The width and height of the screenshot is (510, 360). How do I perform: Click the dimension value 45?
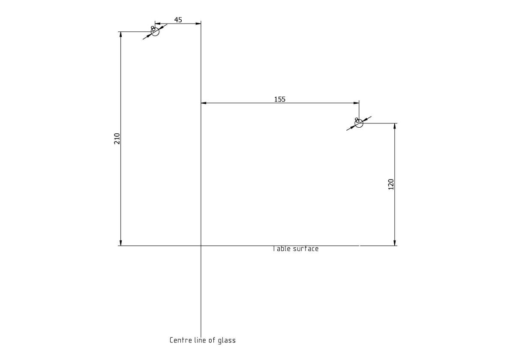[x=178, y=20]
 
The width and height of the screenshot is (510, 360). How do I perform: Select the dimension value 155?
[x=279, y=99]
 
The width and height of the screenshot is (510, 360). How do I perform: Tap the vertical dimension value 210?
[x=117, y=138]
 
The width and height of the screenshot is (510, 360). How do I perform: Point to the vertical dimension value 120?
[x=390, y=184]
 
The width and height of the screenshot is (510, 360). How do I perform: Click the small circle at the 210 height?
[x=155, y=32]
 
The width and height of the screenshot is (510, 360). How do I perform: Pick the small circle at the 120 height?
[x=359, y=123]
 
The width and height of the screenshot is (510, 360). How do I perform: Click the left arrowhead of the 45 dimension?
[x=157, y=24]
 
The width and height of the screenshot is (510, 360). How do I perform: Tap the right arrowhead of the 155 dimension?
[x=356, y=103]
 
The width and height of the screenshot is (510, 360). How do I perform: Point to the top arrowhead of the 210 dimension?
[x=121, y=35]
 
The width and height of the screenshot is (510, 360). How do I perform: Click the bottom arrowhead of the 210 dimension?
[x=121, y=243]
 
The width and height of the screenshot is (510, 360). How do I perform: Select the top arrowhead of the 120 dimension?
[x=394, y=126]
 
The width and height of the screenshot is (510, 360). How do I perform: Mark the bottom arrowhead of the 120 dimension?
[x=394, y=243]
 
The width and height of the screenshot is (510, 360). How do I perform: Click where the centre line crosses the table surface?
[x=201, y=246]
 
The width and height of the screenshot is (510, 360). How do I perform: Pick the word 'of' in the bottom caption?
[x=213, y=340]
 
